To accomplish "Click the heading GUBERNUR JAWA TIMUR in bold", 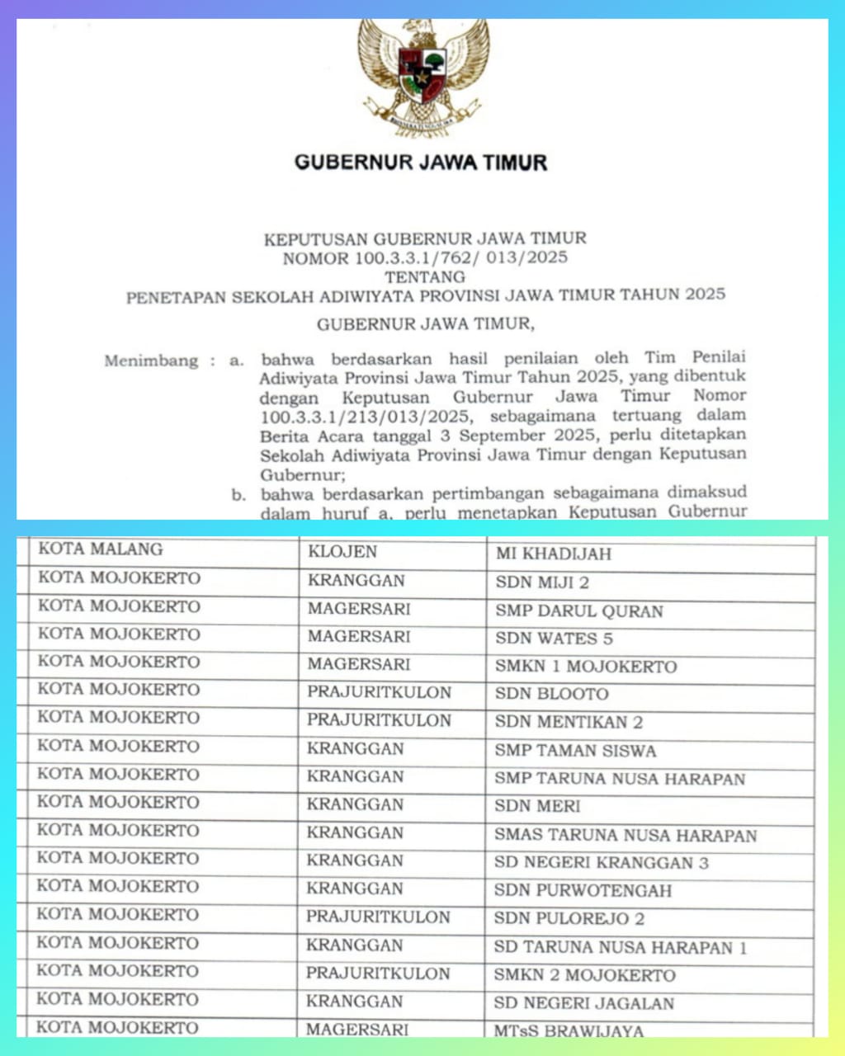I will click(421, 162).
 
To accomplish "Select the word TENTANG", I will click(425, 276).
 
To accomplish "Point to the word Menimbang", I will click(151, 361).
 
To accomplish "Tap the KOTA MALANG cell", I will click(101, 549).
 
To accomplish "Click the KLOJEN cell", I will click(342, 551).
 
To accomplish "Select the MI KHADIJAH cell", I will click(554, 554).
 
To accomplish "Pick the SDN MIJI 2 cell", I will click(542, 582).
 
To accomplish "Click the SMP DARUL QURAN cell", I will click(579, 611).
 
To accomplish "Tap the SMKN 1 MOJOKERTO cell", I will click(586, 667).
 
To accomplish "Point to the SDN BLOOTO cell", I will click(551, 695).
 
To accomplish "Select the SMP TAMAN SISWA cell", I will click(575, 751).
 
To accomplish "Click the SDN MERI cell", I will click(537, 806).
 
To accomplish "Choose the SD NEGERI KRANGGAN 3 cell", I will click(602, 863).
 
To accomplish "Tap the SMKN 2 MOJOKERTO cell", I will click(584, 975).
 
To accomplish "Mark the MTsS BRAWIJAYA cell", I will click(569, 1030).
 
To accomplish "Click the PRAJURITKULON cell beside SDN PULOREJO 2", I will click(378, 917).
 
